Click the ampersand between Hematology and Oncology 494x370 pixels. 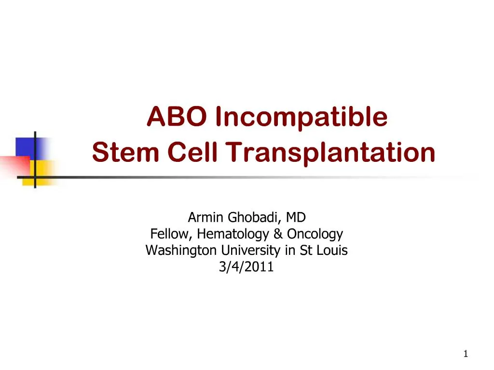[278, 235]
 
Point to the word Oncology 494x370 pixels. [315, 235]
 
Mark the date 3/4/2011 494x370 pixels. [246, 267]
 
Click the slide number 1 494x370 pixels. [466, 354]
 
